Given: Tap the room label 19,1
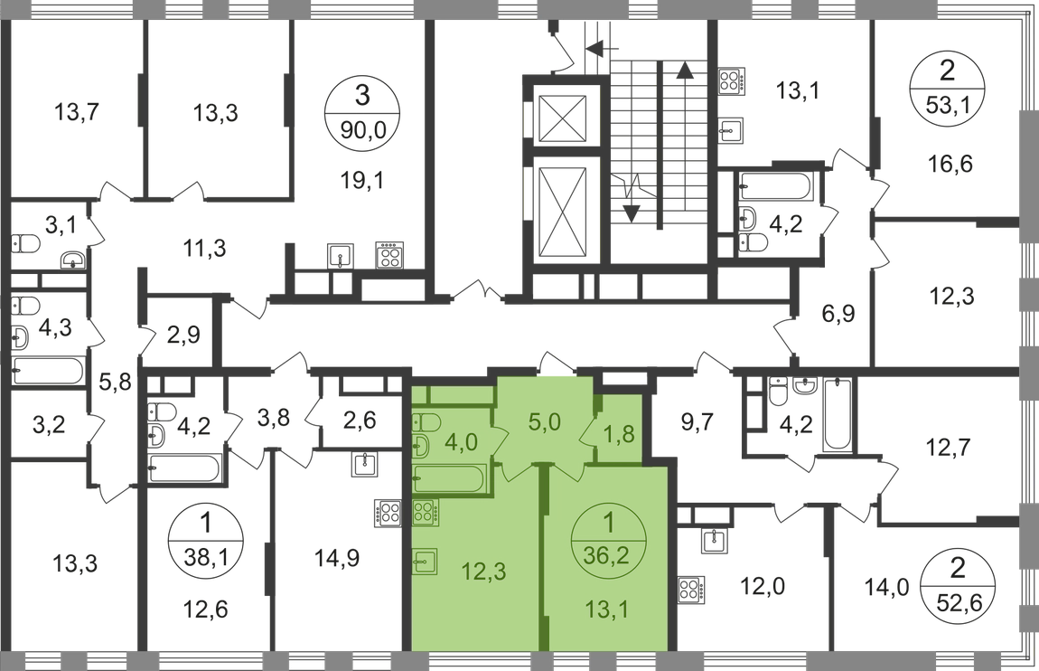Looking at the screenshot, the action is pos(362,180).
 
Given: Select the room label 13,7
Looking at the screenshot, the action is pos(76,111).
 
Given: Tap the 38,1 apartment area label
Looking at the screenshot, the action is pos(206,556).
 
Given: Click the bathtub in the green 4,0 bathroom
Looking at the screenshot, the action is pos(450,479).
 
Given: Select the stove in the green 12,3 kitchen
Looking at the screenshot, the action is pos(425,513).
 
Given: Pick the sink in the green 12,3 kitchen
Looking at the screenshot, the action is pos(425,562).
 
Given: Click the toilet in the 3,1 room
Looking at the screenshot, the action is pos(25,244).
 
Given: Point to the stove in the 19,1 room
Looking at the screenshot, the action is pos(389,255).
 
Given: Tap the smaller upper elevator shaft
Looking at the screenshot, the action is pos(563,119).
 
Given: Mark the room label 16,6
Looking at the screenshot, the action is pos(950,163).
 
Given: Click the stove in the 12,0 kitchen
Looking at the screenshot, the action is pos(690,590).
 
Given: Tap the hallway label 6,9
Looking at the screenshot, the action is pos(838,313).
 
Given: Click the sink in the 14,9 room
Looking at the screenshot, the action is pos(365,465).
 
